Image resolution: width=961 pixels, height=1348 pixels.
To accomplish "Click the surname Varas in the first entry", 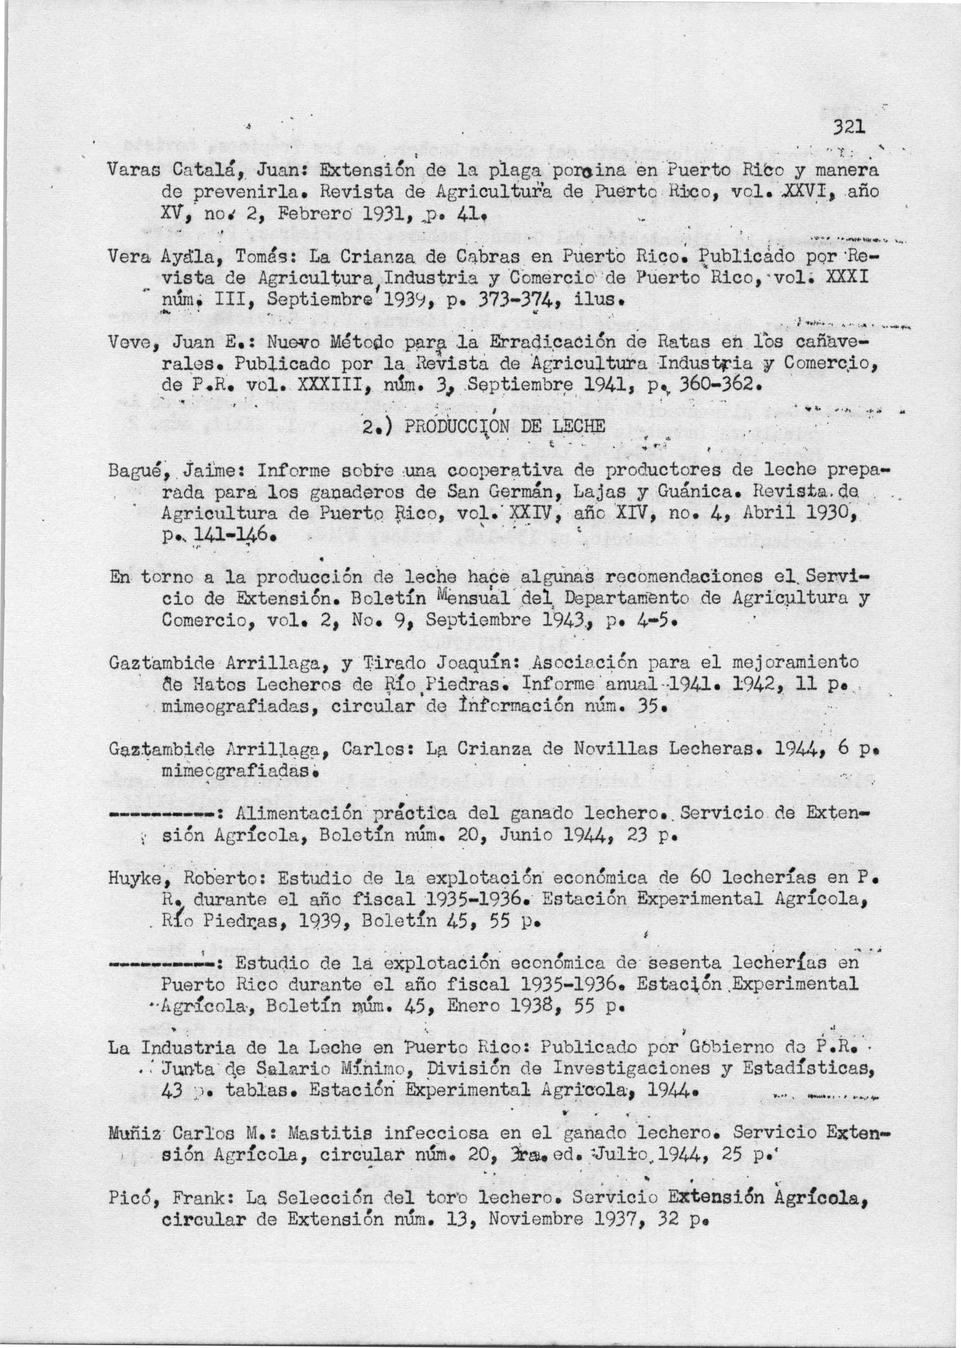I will click(132, 172).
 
